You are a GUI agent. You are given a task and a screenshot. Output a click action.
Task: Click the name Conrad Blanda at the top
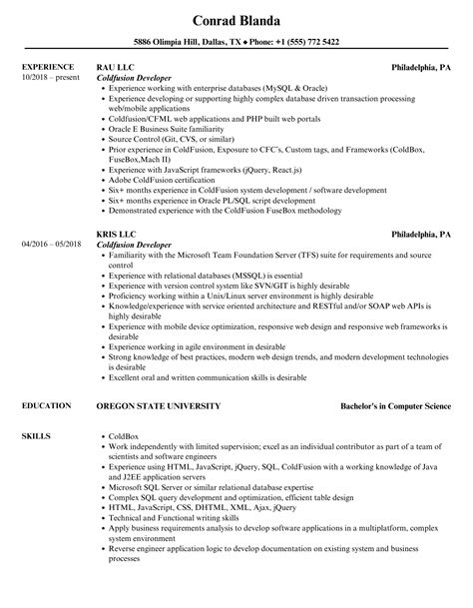tap(236, 20)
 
